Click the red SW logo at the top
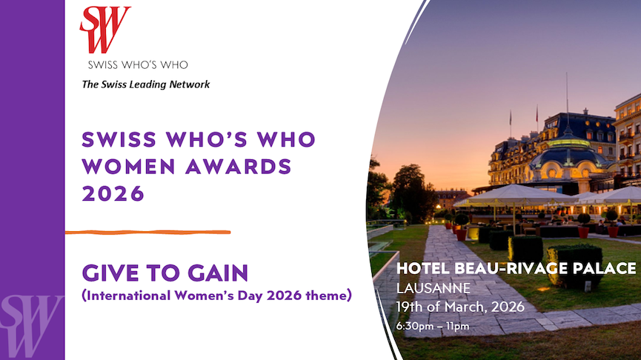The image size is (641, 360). pyautogui.click(x=105, y=29)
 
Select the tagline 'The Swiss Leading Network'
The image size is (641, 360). pyautogui.click(x=146, y=84)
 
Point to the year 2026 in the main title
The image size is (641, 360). pyautogui.click(x=113, y=193)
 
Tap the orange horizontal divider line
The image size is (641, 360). pyautogui.click(x=147, y=233)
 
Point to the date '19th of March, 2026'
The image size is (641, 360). pyautogui.click(x=461, y=306)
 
